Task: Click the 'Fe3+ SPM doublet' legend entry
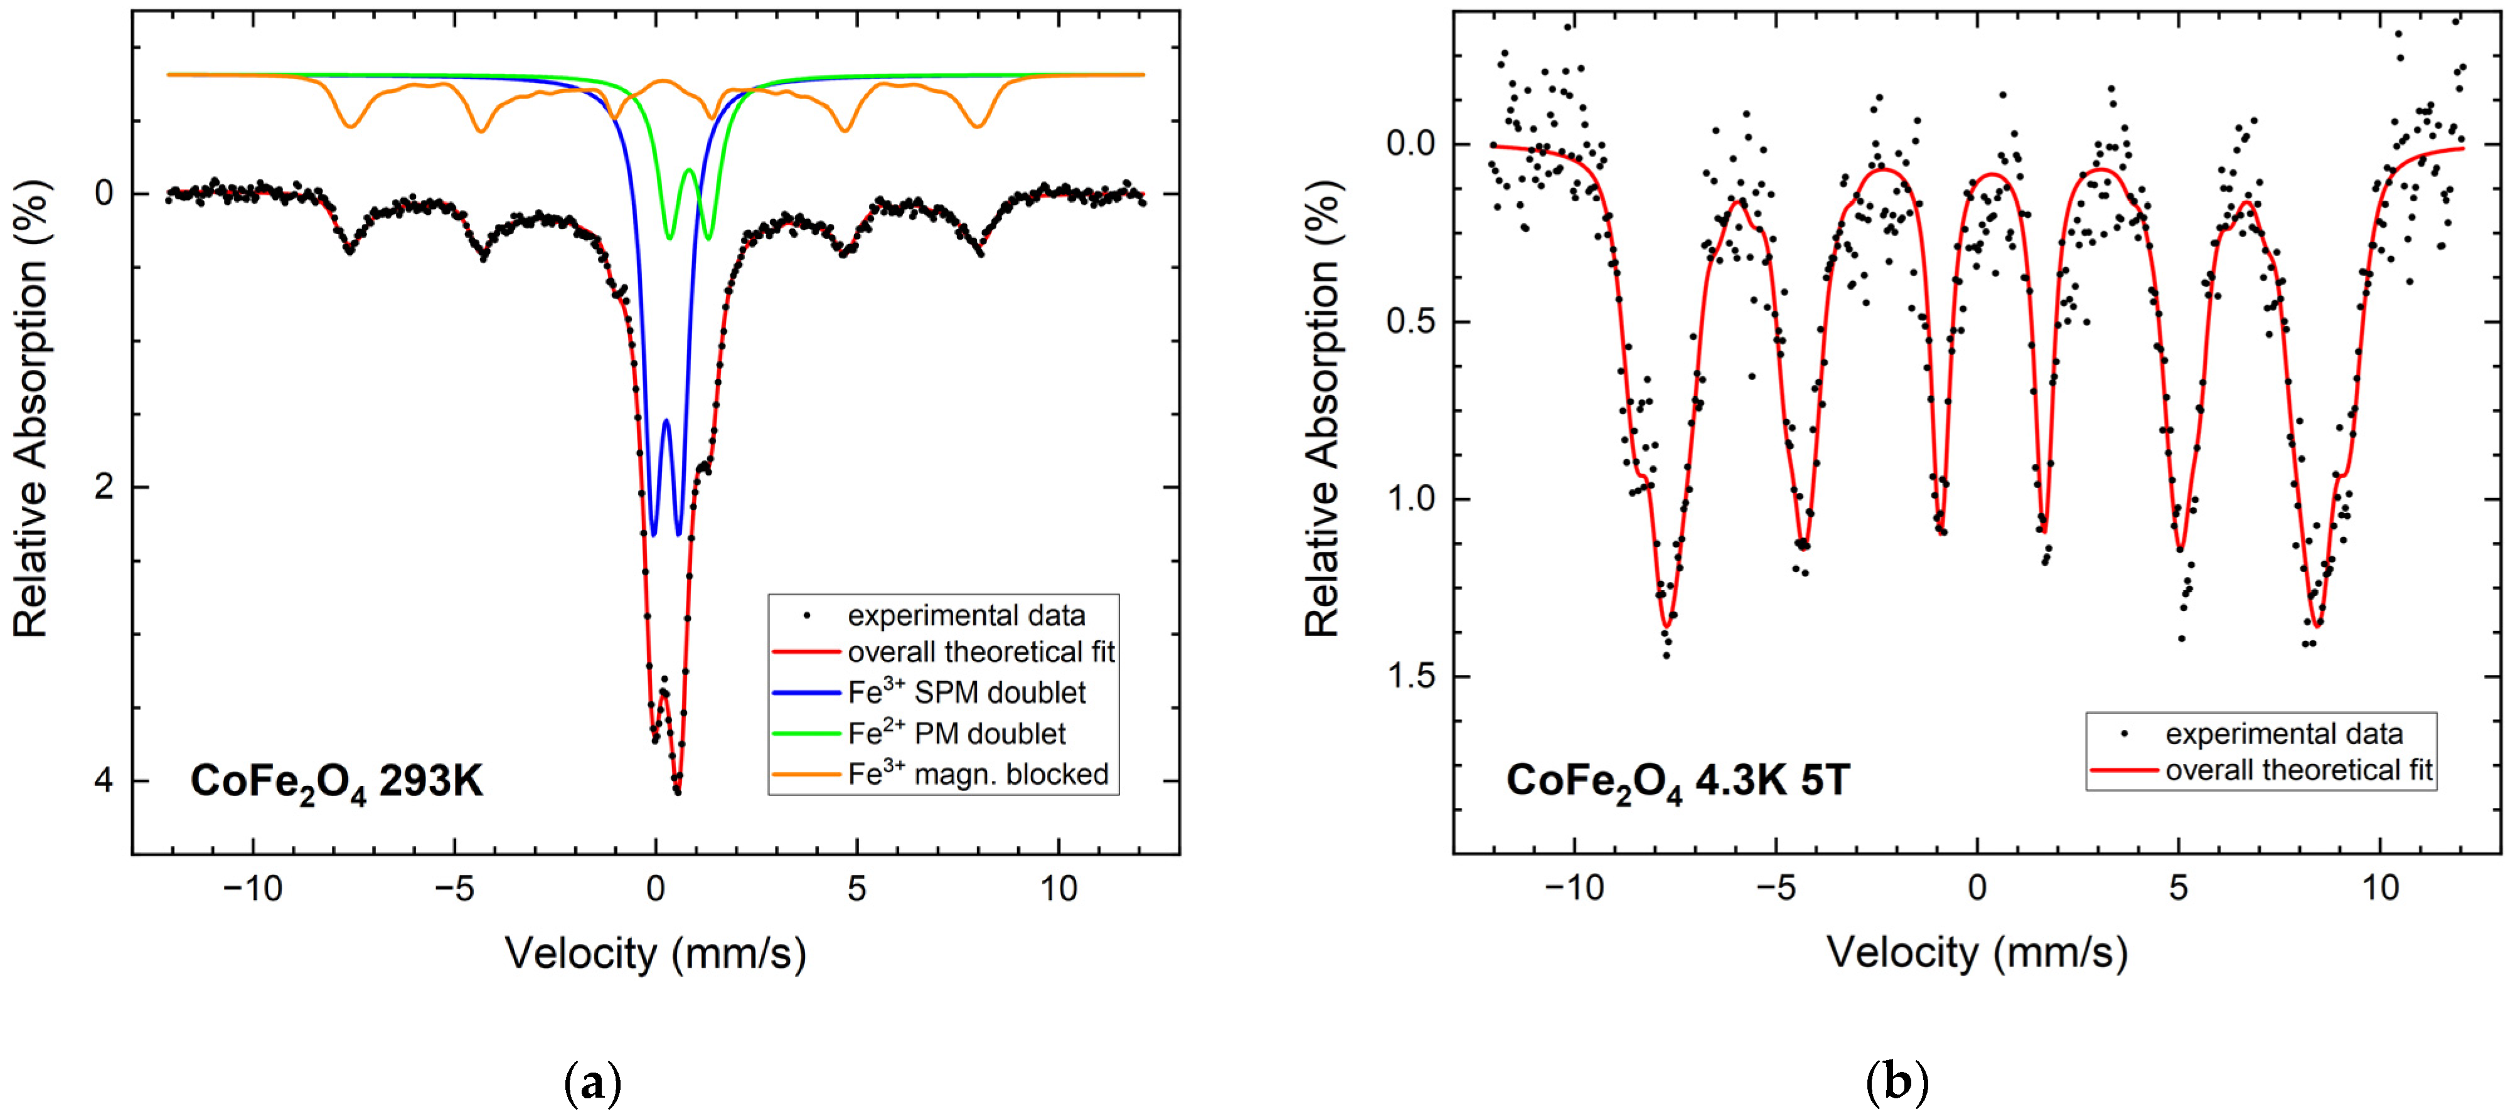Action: click(x=965, y=692)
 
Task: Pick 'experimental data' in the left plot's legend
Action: click(x=965, y=615)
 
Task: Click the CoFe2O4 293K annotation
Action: click(x=336, y=782)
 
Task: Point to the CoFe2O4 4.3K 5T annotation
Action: click(x=1677, y=780)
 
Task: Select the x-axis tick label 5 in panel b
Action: click(x=2179, y=888)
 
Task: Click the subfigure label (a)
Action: click(x=593, y=1083)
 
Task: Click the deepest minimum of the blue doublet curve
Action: click(x=678, y=534)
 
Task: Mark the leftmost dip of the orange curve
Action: click(x=350, y=126)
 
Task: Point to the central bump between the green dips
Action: click(x=689, y=170)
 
